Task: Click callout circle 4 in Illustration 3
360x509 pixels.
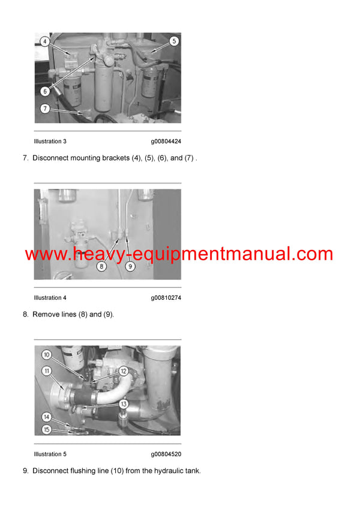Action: (45, 41)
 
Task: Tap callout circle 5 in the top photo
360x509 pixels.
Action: (173, 41)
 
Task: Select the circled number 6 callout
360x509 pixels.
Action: (45, 91)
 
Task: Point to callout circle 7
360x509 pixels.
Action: (45, 109)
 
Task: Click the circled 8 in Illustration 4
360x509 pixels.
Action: (101, 266)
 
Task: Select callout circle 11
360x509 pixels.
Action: (46, 371)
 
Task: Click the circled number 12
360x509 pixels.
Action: (123, 371)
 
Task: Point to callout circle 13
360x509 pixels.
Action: (123, 403)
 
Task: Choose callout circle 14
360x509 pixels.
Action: (46, 417)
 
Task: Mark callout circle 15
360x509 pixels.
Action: (46, 429)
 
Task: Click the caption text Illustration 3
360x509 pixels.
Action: (50, 141)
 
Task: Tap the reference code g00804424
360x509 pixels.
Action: (166, 141)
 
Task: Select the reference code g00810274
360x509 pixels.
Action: (166, 297)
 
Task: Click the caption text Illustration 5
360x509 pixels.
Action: (50, 454)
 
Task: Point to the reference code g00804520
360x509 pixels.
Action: (166, 454)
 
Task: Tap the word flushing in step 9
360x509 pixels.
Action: (84, 471)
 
